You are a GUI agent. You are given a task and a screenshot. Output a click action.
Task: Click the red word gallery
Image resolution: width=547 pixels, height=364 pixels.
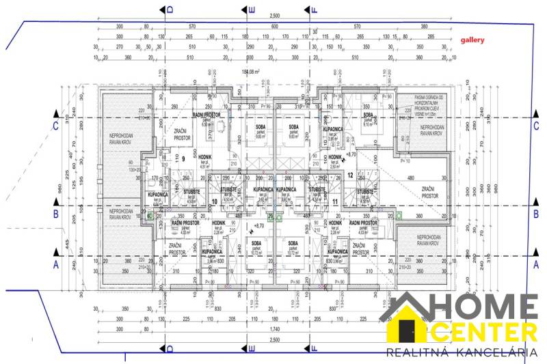[x=472, y=40]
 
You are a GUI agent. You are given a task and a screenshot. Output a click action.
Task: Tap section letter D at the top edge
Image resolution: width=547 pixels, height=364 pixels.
[x=170, y=9]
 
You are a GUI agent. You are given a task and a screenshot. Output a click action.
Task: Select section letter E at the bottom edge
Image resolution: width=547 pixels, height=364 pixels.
[x=252, y=348]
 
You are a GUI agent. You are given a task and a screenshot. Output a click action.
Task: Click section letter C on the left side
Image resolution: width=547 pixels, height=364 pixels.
[x=55, y=126]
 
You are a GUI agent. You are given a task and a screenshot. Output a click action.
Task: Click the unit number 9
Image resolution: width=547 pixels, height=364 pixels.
[x=183, y=158]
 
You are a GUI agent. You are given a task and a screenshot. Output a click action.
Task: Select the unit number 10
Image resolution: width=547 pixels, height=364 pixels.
[x=214, y=201]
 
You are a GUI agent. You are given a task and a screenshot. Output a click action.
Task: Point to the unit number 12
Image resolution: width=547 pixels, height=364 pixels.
[x=349, y=175]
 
